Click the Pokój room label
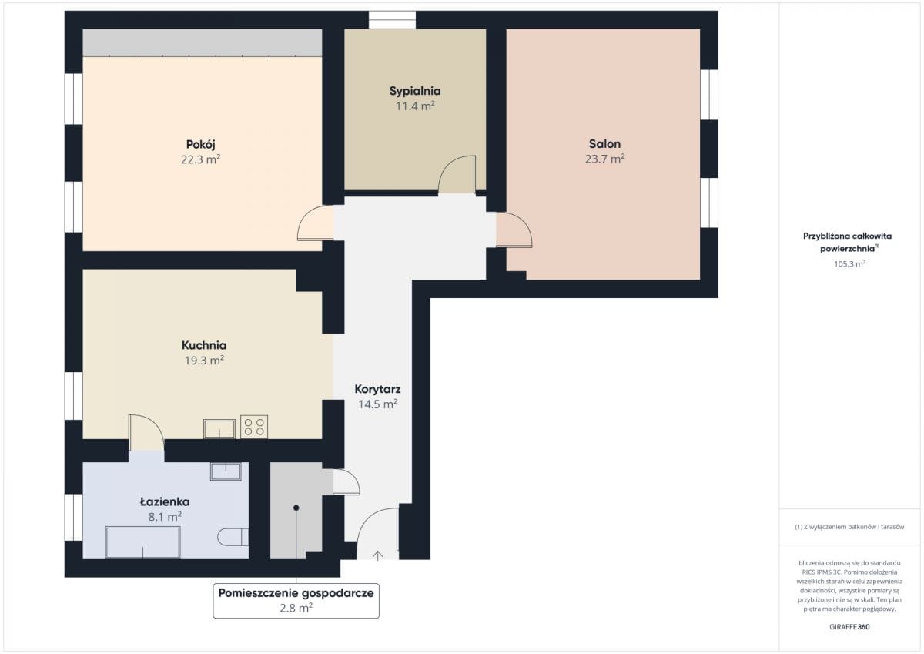[200, 145]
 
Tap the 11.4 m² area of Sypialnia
[415, 106]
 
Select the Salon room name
[604, 143]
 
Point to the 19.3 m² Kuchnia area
[204, 361]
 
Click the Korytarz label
[377, 389]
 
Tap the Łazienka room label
[165, 501]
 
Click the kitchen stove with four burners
[254, 427]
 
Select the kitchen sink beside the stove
[219, 429]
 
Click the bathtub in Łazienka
[142, 542]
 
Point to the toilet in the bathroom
[233, 537]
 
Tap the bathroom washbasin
[226, 471]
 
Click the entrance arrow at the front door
[377, 555]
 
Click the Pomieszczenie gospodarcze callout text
[296, 600]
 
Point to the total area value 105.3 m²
[849, 263]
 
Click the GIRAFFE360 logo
[849, 627]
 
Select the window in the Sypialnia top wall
[392, 20]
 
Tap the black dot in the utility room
[296, 508]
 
